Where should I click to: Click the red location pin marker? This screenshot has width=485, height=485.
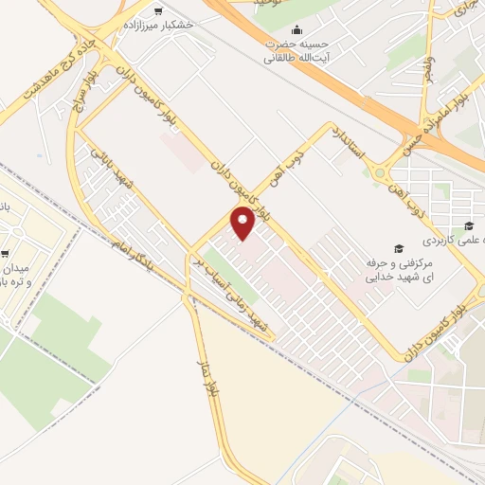pos(243,223)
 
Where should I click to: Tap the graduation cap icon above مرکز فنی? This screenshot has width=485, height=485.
pos(399,248)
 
